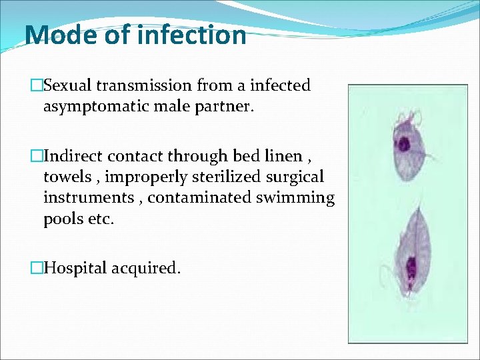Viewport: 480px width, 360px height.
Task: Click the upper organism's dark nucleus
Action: [405, 143]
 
